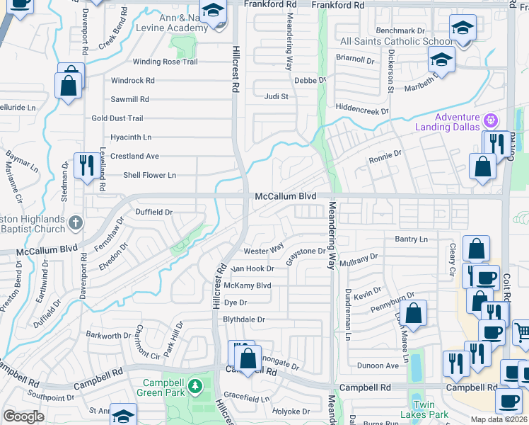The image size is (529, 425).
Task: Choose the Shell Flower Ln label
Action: tap(149, 175)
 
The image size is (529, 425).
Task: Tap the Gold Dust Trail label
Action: tap(117, 118)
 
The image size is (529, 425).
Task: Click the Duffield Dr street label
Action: tap(154, 212)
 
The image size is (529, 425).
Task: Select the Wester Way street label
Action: tap(263, 250)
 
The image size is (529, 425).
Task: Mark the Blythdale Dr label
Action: tap(243, 319)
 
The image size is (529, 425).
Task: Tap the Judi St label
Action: tap(277, 96)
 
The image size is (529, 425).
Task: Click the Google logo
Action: tap(23, 416)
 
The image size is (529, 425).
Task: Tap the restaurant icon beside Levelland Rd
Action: tap(87, 166)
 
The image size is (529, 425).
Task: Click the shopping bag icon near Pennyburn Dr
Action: tap(415, 312)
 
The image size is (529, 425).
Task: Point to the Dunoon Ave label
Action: tap(378, 366)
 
